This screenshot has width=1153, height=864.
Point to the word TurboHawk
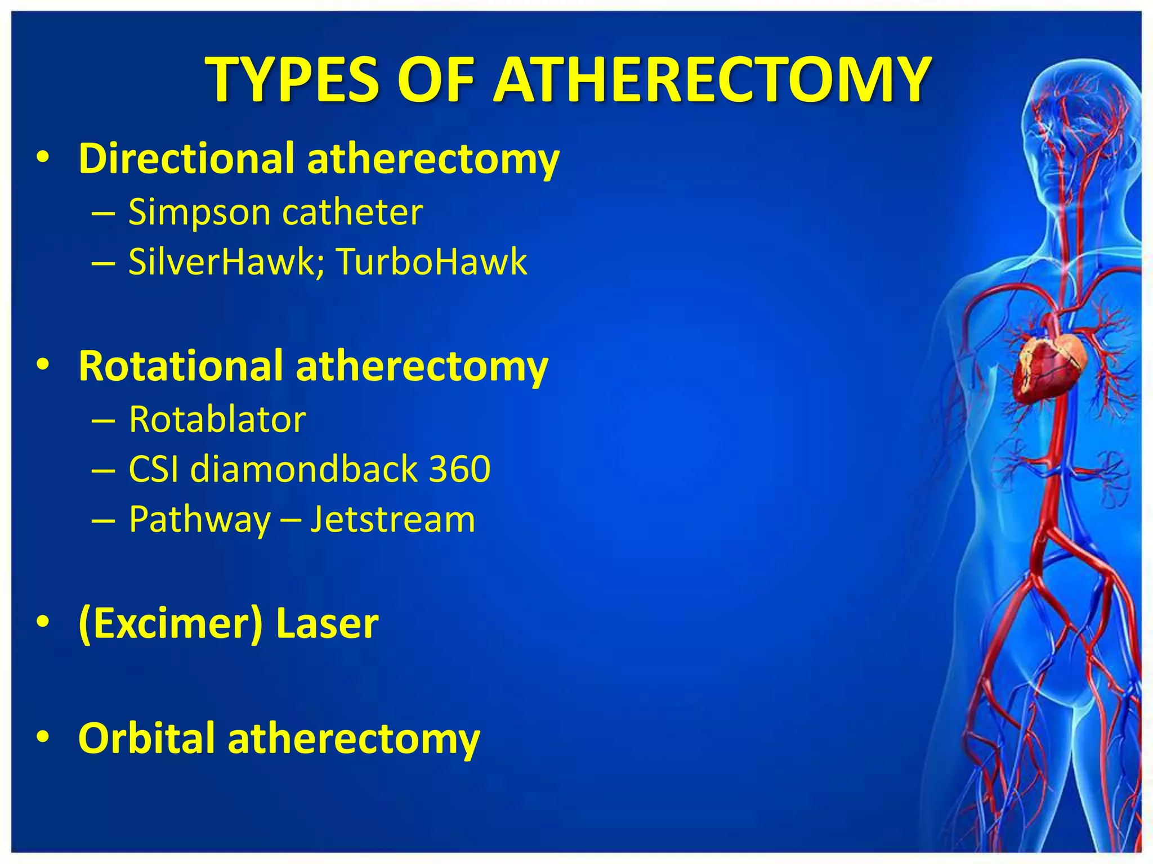[432, 262]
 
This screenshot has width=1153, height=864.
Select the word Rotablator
[217, 420]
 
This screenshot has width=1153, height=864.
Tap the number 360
[460, 469]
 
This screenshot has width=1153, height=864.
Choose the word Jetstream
[393, 519]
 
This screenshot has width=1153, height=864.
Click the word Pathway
[200, 520]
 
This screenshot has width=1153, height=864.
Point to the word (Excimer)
[171, 624]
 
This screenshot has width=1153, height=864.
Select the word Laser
[327, 624]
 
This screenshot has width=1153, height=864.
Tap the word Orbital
[146, 738]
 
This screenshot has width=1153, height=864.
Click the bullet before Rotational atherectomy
[43, 366]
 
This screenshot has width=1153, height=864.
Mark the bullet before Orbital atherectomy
[43, 738]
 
